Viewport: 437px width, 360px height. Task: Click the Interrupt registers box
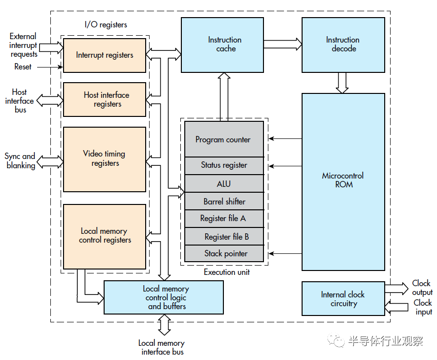(x=105, y=55)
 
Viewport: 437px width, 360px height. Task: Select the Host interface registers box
(x=105, y=100)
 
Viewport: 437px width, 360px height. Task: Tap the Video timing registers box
(x=105, y=158)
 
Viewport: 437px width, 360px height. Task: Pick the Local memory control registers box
(x=105, y=236)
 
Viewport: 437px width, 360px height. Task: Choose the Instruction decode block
(x=343, y=45)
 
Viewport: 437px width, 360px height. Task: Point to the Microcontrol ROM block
(x=343, y=181)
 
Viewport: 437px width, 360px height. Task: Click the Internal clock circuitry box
(x=343, y=299)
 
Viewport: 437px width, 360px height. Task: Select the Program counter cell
(x=224, y=139)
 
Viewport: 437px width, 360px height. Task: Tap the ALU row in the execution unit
(x=224, y=184)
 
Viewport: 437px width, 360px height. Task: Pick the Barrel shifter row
(x=224, y=202)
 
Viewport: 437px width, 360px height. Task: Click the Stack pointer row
(x=224, y=253)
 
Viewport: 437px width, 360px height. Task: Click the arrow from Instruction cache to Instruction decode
(x=283, y=45)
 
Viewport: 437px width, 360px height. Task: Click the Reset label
(x=23, y=67)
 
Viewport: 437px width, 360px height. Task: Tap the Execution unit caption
(x=226, y=272)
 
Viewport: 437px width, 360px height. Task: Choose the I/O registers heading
(x=106, y=24)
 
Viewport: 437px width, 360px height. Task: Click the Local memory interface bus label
(x=162, y=347)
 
